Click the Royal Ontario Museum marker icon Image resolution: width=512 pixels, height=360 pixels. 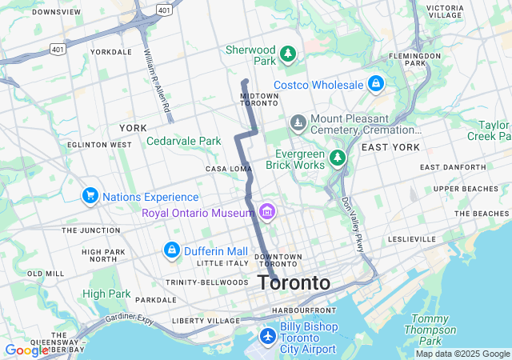pyautogui.click(x=267, y=212)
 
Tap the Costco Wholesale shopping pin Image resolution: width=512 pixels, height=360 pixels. pyautogui.click(x=375, y=84)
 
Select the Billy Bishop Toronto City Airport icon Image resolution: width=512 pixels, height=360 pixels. pyautogui.click(x=267, y=334)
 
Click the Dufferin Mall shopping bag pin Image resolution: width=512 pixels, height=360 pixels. pyautogui.click(x=171, y=250)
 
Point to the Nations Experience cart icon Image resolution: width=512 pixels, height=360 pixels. pyautogui.click(x=90, y=196)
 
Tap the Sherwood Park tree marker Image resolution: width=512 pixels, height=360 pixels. pyautogui.click(x=288, y=55)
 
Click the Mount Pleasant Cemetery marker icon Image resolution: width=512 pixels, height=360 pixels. pyautogui.click(x=298, y=123)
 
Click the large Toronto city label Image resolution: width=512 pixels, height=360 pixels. pyautogui.click(x=294, y=283)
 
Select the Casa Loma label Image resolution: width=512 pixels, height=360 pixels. pyautogui.click(x=229, y=169)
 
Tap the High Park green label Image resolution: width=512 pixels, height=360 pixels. pyautogui.click(x=106, y=294)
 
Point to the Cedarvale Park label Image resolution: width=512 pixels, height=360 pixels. pyautogui.click(x=183, y=141)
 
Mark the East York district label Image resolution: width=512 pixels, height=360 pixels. pyautogui.click(x=390, y=147)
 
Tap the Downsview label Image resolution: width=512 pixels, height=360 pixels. pyautogui.click(x=58, y=12)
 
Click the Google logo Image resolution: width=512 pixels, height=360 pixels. pyautogui.click(x=26, y=350)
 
